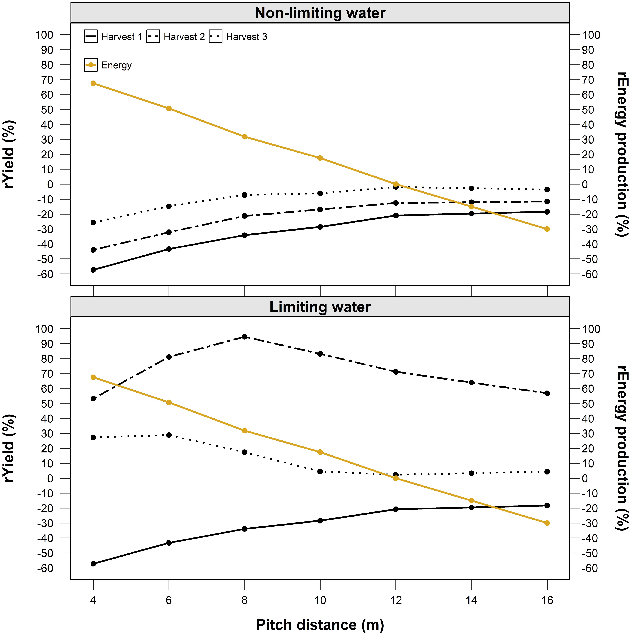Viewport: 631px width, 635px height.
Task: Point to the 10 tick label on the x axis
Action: click(320, 600)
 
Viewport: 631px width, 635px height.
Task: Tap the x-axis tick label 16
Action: click(547, 600)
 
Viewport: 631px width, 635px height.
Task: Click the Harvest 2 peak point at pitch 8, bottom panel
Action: click(245, 337)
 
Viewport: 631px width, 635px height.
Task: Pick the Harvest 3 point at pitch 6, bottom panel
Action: click(169, 435)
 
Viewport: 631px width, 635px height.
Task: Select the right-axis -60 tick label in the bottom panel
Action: click(590, 568)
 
